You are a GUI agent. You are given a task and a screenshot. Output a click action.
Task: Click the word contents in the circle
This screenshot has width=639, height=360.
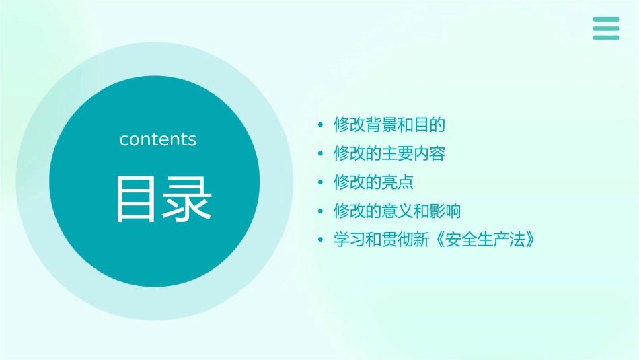[158, 139]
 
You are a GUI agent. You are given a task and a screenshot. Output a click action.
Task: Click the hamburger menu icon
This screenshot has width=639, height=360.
[606, 29]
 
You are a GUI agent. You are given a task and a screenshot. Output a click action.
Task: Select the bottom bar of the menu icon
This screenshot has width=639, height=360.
[606, 38]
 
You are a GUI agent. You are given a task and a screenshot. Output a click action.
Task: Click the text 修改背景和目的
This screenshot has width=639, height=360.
[389, 124]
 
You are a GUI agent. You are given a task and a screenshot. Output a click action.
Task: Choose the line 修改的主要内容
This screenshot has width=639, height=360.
[389, 153]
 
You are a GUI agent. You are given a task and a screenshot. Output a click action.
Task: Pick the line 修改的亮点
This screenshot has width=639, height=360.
[373, 182]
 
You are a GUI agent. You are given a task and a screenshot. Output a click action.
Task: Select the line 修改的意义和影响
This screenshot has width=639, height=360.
[398, 211]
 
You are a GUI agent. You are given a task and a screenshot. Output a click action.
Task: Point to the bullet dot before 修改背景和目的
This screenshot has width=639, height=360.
[321, 125]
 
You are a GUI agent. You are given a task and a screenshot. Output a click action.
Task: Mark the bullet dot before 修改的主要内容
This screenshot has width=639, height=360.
[321, 154]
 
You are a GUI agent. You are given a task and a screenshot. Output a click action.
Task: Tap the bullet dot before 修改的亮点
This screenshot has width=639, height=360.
[321, 183]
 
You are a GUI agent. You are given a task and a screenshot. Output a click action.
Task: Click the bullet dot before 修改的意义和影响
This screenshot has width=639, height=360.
[321, 211]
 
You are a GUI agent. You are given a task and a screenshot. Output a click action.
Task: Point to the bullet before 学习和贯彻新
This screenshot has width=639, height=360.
[321, 240]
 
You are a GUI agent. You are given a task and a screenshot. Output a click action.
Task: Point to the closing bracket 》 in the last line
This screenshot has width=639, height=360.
[530, 240]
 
